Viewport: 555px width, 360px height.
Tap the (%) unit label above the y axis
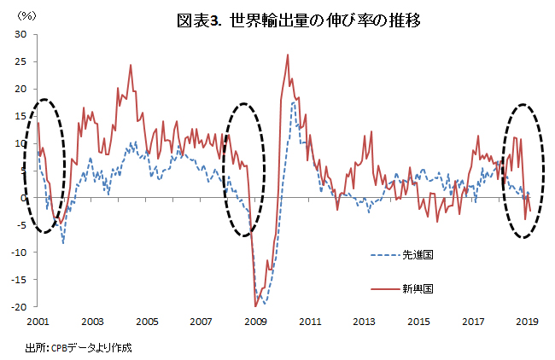(26, 15)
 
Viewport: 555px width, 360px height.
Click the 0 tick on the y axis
(24, 198)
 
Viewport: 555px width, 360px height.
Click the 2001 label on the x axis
(38, 322)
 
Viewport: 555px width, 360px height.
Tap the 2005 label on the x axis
(146, 322)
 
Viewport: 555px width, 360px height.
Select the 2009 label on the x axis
(255, 322)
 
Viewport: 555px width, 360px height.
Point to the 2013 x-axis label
(364, 322)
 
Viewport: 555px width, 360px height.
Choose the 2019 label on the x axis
(527, 322)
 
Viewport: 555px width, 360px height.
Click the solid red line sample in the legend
(385, 288)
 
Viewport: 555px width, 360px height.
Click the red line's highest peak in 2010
(288, 55)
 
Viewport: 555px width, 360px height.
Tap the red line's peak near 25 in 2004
(131, 65)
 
